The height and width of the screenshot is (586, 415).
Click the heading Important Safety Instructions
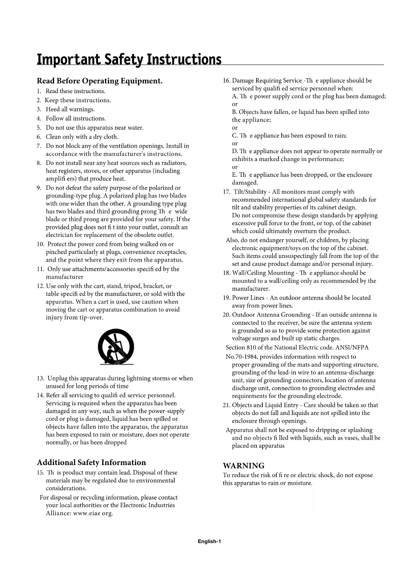pos(129,59)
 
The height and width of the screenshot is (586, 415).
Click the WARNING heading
pos(243,466)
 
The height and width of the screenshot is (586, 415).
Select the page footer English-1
pos(209,542)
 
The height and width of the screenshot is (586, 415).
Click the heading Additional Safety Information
pos(91,462)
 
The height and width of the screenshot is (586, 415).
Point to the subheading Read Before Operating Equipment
pos(100,81)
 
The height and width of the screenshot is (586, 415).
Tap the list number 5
pos(39,128)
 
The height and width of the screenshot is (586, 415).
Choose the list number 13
pos(40,379)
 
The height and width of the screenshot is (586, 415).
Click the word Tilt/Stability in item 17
pos(250,192)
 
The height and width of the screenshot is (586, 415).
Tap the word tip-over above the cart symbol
pos(91,317)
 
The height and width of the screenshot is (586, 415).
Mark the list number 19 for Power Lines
pos(226,298)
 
